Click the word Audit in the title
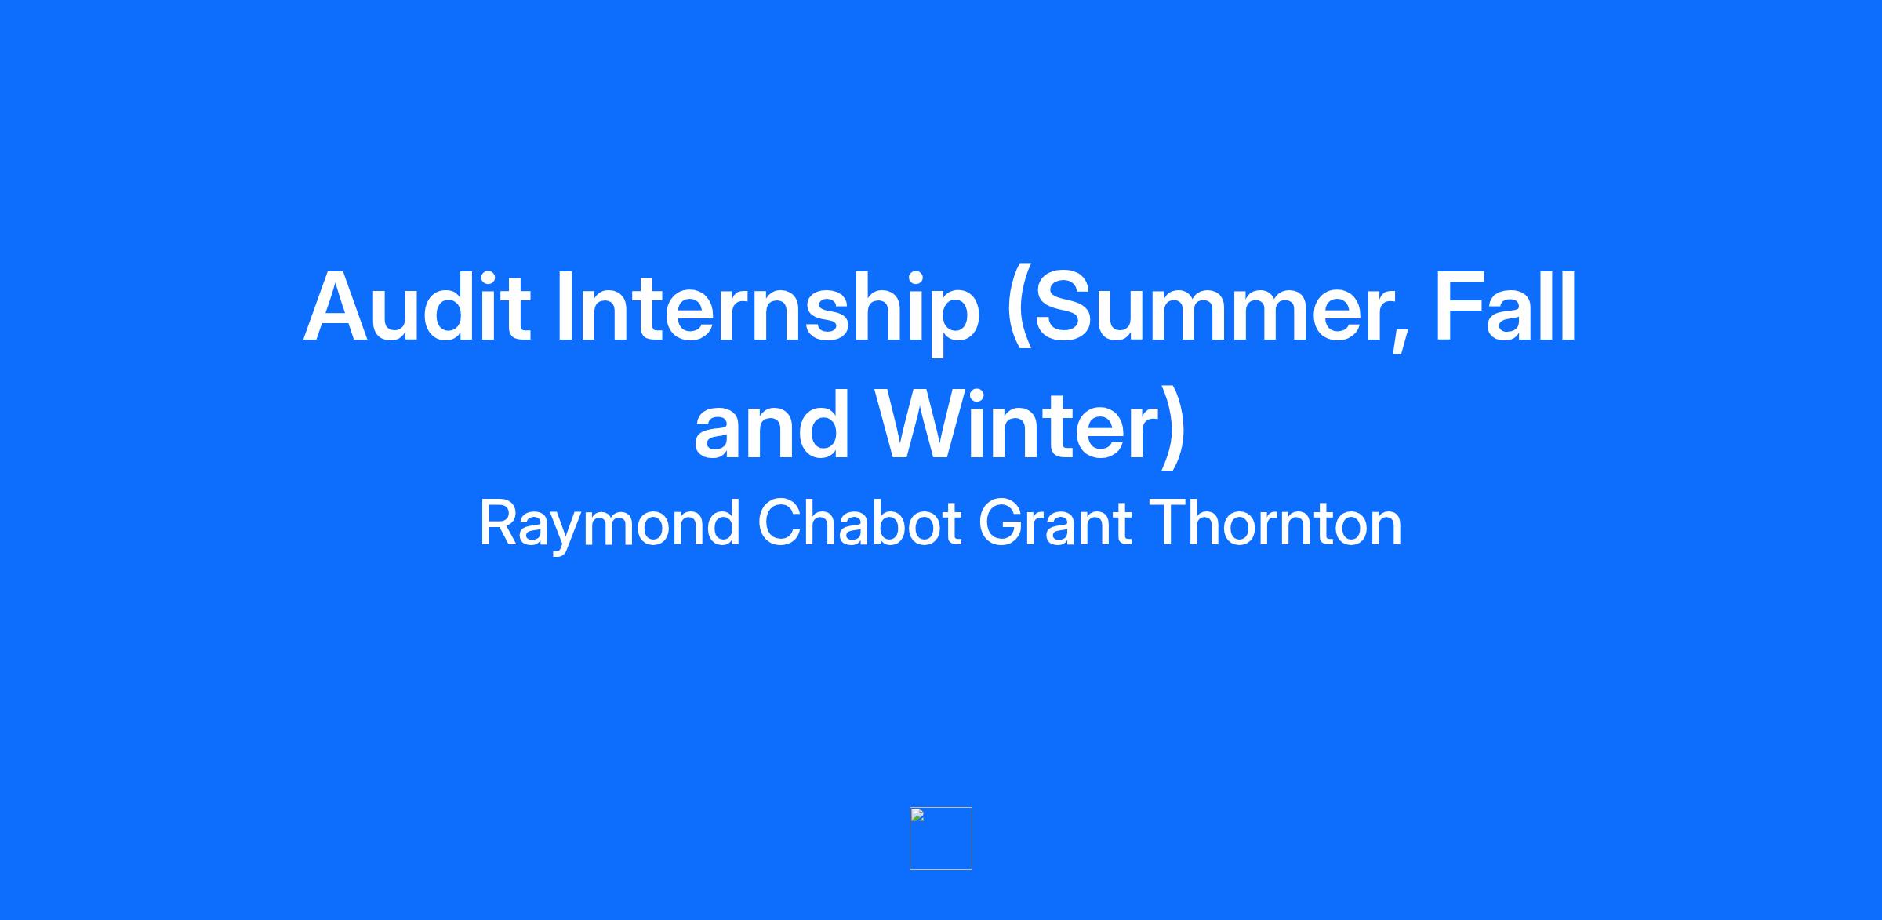417,307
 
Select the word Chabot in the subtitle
859,522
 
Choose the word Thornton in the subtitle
1275,522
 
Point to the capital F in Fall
1462,307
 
